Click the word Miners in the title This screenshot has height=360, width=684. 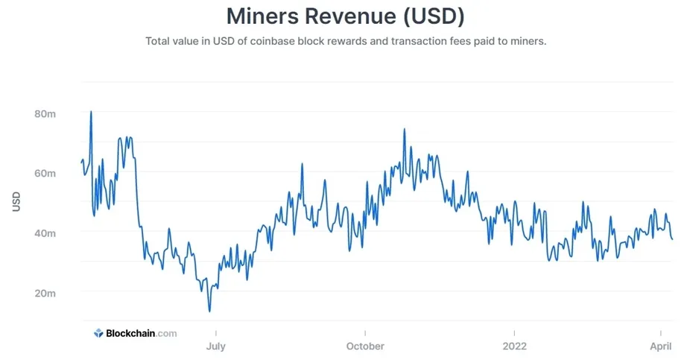pyautogui.click(x=262, y=16)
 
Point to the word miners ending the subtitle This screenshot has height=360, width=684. pyautogui.click(x=529, y=41)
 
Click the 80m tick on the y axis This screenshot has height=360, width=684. pyautogui.click(x=45, y=114)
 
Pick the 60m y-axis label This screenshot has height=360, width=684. pyautogui.click(x=45, y=173)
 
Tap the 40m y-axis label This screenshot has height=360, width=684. pyautogui.click(x=45, y=233)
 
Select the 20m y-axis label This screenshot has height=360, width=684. pyautogui.click(x=45, y=293)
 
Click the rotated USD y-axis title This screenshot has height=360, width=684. pyautogui.click(x=16, y=201)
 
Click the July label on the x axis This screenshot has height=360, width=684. pyautogui.click(x=216, y=347)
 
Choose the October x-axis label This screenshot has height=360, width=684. pyautogui.click(x=365, y=347)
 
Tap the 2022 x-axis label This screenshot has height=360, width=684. pyautogui.click(x=515, y=347)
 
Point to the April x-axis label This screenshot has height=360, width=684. pyautogui.click(x=661, y=347)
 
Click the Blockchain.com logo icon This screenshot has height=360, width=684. pyautogui.click(x=98, y=333)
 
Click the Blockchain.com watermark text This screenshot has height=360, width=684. pyautogui.click(x=142, y=333)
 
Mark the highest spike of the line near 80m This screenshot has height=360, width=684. pyautogui.click(x=91, y=112)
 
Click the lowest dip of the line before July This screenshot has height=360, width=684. pyautogui.click(x=210, y=311)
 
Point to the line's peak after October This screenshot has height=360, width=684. pyautogui.click(x=405, y=129)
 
